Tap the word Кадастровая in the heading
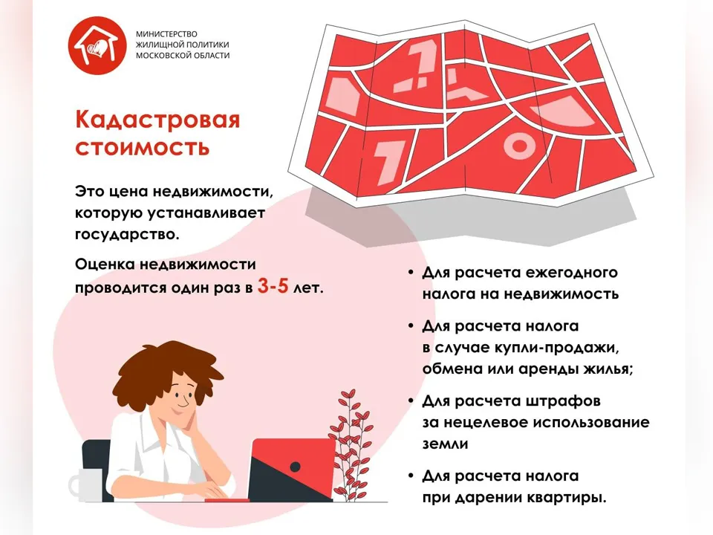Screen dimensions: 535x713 coord(157,120)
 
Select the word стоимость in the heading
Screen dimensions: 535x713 coord(142,146)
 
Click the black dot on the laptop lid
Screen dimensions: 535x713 coord(295,467)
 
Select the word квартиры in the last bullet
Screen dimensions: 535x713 coord(567,496)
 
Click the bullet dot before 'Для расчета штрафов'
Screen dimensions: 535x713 coord(411,401)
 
